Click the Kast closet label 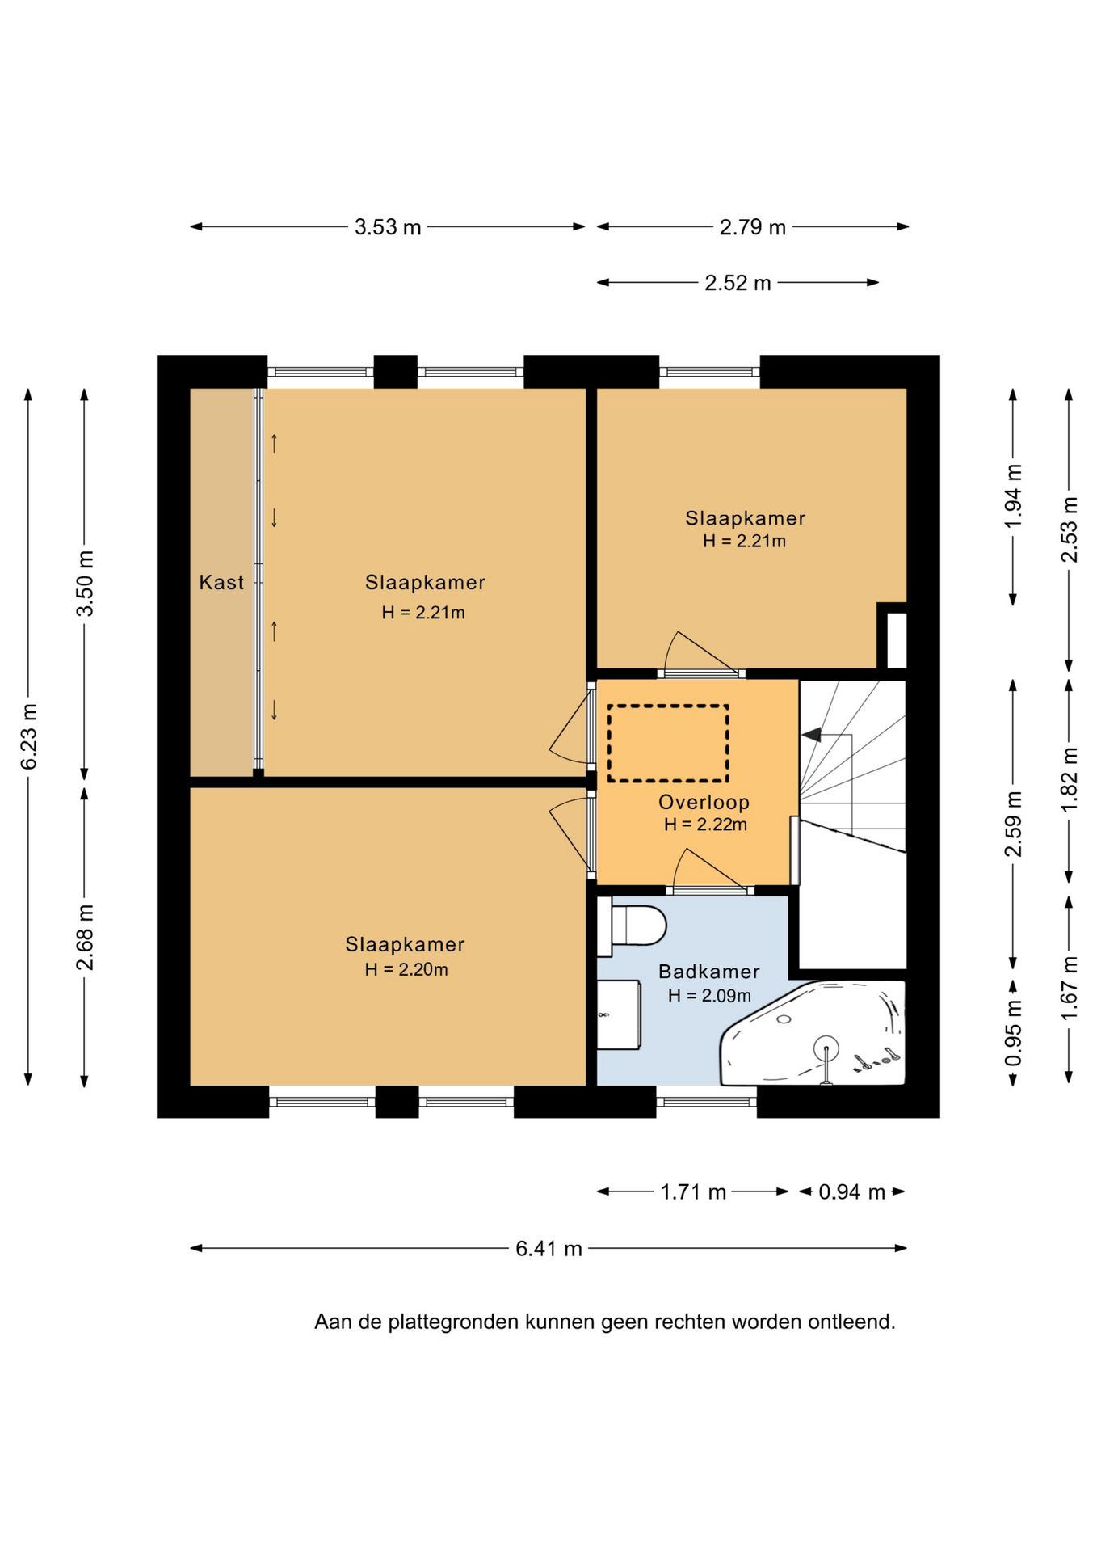tap(221, 582)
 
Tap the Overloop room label tap(704, 802)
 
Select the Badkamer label tap(709, 972)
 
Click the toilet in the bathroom tap(632, 926)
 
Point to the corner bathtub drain tap(826, 1050)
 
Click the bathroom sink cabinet tap(619, 1014)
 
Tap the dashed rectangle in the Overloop tap(668, 743)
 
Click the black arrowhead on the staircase tap(811, 735)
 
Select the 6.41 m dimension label tap(549, 1248)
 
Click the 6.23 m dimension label tap(28, 736)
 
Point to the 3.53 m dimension tap(388, 227)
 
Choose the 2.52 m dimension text tap(738, 283)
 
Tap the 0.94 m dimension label tap(851, 1191)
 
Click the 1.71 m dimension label tap(693, 1191)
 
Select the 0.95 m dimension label tap(1013, 1033)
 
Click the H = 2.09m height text tap(709, 996)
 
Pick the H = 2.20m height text tap(406, 969)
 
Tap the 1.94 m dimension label tap(1013, 496)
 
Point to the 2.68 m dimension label tap(85, 937)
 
